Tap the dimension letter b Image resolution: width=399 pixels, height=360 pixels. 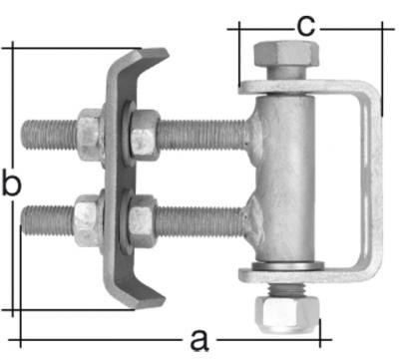11,184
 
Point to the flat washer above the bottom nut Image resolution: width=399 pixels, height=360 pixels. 286,270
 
